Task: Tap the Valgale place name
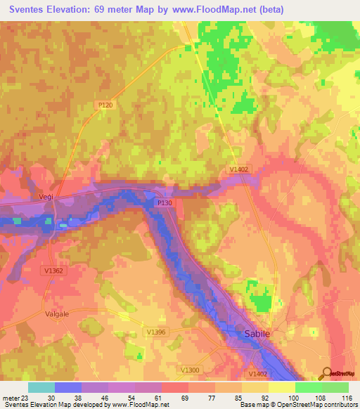coord(56,314)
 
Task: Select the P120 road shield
coord(105,105)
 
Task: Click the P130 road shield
coord(164,202)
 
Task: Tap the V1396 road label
coord(155,331)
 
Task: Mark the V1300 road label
coord(189,370)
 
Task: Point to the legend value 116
coord(345,398)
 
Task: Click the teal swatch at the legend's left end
coord(41,387)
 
